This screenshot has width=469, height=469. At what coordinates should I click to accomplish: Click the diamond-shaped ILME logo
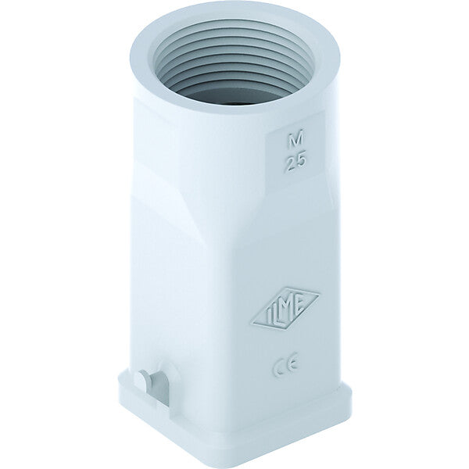285,308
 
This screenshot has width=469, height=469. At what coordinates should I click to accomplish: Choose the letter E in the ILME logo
300,302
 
